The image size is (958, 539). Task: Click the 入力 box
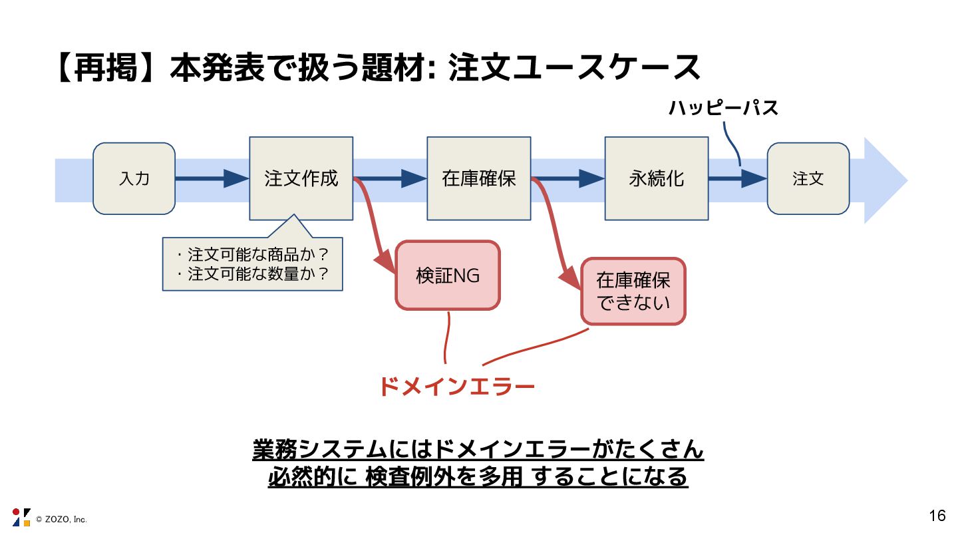point(134,178)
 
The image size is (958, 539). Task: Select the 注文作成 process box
point(301,178)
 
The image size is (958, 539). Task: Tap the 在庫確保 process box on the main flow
point(478,178)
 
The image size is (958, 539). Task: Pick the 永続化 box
point(656,178)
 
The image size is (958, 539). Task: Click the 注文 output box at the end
point(808,178)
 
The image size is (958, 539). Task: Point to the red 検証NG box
point(447,275)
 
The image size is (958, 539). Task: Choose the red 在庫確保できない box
point(633,291)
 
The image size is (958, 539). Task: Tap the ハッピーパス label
point(723,108)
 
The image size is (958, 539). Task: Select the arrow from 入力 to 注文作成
point(212,178)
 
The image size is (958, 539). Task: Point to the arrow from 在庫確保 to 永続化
point(567,178)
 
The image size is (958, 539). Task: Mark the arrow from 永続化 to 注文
point(737,178)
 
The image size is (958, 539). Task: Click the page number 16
point(937,516)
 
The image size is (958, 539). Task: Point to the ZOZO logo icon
point(21,517)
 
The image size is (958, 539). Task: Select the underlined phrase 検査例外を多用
point(444,477)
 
